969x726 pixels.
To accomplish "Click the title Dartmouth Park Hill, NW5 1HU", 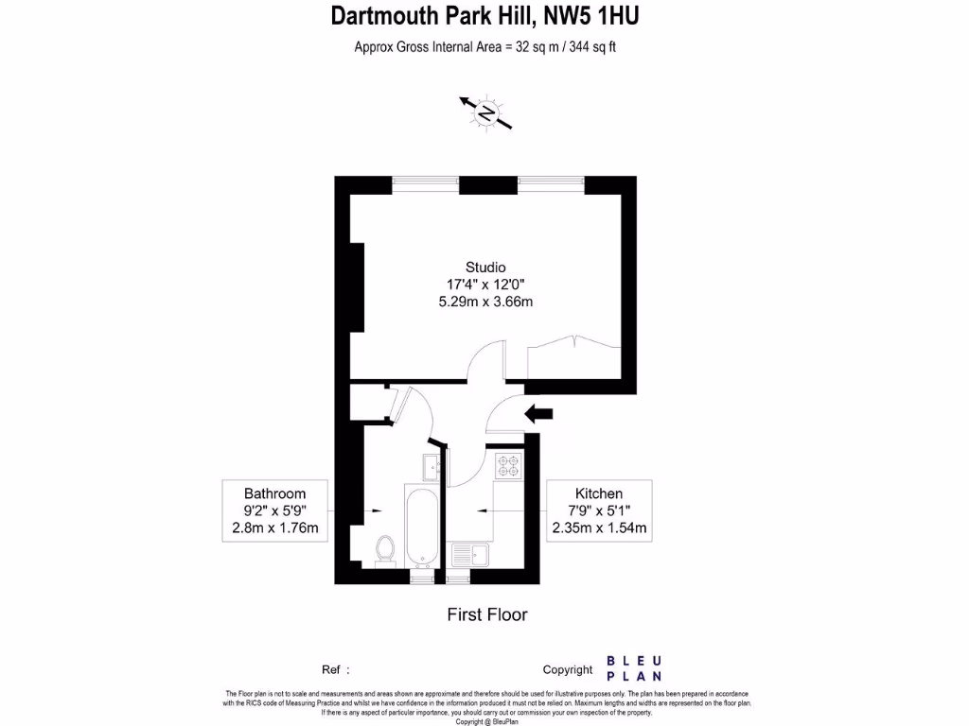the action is [484, 16].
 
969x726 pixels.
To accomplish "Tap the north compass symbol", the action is [486, 112].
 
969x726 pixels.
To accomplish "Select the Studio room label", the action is [484, 267].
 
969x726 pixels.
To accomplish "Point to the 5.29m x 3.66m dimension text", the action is [484, 302].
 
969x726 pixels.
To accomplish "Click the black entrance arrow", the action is [539, 412].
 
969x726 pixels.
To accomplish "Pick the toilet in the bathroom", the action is [385, 549].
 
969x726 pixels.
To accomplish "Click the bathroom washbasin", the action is [429, 465].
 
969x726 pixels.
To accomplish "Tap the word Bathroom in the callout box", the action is [274, 493].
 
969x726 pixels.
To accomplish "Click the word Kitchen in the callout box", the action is [599, 493].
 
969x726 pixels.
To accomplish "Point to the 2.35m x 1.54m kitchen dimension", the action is [599, 527].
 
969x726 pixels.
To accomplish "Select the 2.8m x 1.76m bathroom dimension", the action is [275, 527].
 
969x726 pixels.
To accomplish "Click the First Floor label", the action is [486, 614].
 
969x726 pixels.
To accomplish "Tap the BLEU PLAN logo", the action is [633, 668].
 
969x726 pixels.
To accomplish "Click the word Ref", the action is [331, 669].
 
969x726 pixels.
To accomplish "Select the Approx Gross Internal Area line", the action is [484, 46].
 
